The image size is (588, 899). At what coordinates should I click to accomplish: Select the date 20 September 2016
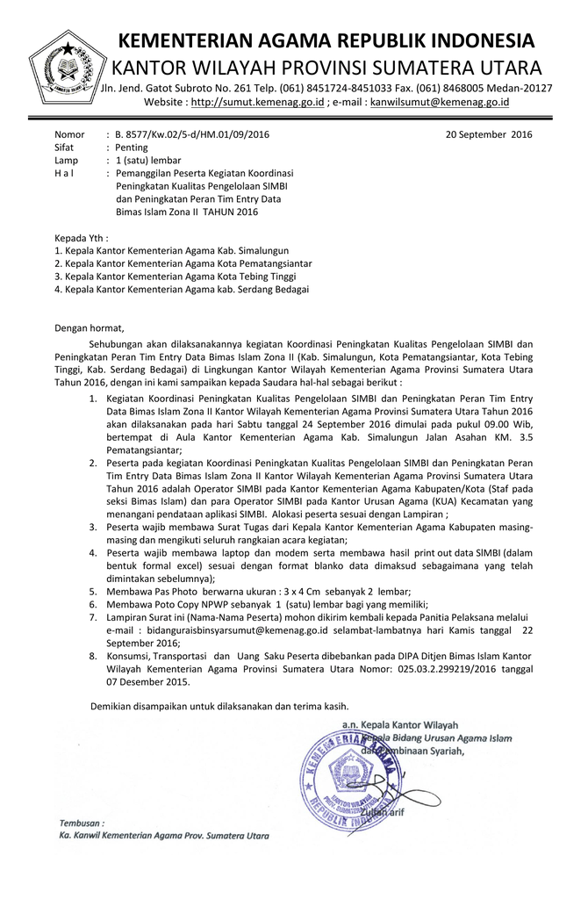489,134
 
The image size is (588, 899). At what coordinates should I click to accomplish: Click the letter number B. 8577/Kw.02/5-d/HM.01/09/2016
192,134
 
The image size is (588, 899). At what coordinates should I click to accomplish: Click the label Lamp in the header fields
66,161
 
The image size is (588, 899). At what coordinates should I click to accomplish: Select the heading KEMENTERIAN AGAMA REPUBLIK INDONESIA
326,41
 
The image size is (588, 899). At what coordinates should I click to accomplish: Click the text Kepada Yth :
82,238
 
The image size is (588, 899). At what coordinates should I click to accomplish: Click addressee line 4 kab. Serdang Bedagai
182,289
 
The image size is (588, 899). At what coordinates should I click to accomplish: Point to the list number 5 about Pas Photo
93,592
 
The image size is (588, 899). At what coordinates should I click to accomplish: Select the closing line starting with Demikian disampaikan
219,707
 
